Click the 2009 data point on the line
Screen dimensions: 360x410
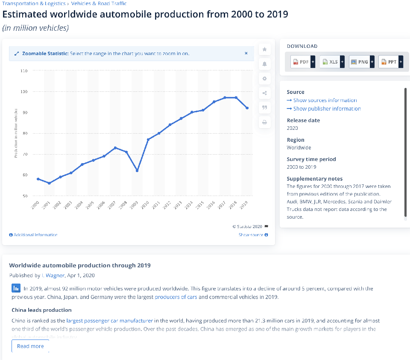[137, 170]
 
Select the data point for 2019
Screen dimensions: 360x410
[247, 108]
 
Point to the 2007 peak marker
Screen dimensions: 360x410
[115, 148]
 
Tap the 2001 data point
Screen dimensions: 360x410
[49, 183]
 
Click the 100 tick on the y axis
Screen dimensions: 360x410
[24, 91]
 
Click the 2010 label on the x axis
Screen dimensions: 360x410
[145, 205]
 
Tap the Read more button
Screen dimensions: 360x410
[30, 346]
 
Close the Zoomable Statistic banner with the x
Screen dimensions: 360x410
[246, 53]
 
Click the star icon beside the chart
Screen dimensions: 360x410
[265, 50]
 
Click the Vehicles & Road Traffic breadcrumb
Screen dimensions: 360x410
[99, 3]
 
